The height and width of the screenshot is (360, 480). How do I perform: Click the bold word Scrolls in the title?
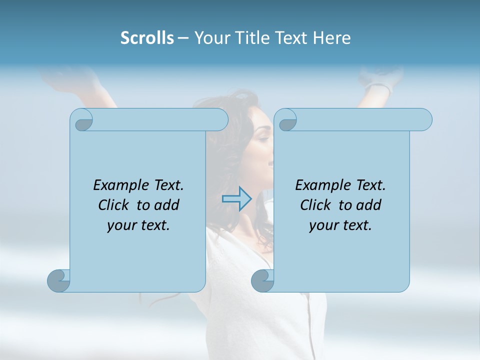pos(147,38)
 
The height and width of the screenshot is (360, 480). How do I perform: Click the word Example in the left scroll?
pos(120,185)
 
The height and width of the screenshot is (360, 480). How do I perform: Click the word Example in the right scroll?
pos(322,185)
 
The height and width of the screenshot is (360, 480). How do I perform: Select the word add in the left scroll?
pos(167,205)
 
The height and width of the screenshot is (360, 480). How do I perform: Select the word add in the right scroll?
pos(369,205)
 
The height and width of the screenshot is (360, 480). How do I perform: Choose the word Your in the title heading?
pos(210,38)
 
